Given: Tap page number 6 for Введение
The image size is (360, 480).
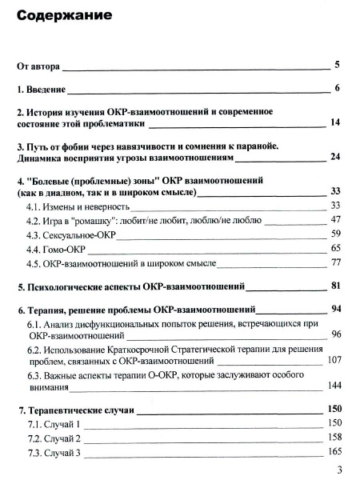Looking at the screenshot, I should tap(338, 87).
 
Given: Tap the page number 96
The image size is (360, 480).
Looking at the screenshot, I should tap(336, 334).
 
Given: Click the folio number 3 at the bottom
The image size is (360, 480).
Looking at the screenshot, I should tap(340, 470).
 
